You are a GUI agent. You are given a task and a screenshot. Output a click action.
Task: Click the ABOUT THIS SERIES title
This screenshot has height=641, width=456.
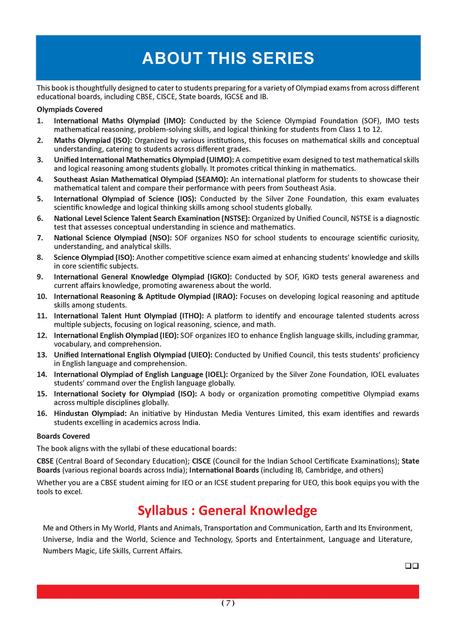click(228, 58)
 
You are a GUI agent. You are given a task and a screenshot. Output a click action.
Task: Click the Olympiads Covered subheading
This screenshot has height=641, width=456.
click(69, 110)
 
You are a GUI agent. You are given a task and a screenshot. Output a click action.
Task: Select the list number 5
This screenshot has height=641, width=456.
click(40, 199)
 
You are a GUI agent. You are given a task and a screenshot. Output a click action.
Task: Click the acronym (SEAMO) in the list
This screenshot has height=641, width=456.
click(212, 179)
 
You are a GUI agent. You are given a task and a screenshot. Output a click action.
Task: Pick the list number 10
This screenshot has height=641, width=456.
click(42, 296)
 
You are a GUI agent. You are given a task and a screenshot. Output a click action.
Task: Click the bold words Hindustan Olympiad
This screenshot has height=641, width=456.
click(90, 414)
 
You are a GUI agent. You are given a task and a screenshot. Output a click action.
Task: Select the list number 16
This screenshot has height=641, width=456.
click(42, 414)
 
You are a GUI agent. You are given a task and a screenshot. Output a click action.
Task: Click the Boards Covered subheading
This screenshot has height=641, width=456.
click(63, 436)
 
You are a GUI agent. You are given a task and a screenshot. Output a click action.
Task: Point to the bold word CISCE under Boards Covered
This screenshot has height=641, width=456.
click(201, 461)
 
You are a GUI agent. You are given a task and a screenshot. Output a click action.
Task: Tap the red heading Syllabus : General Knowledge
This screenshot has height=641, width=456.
click(227, 510)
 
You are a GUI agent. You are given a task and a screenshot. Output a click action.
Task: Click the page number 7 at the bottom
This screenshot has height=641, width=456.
click(228, 603)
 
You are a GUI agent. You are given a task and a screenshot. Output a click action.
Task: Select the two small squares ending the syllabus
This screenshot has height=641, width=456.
click(411, 566)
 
